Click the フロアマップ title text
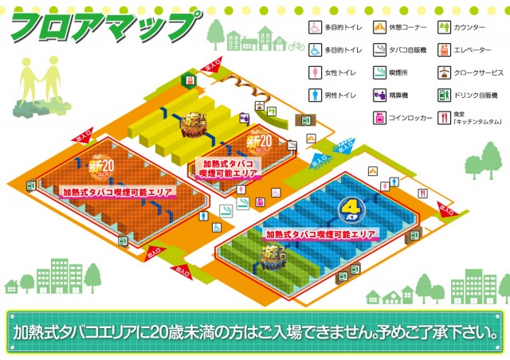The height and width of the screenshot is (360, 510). click(x=104, y=27)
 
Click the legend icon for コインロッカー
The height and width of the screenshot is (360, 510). click(x=380, y=118)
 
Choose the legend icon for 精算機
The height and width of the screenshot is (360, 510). click(x=380, y=96)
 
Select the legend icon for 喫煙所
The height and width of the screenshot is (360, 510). click(x=380, y=72)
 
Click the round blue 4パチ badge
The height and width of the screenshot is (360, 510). click(x=349, y=212)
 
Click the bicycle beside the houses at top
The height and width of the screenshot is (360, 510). click(x=296, y=46)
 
